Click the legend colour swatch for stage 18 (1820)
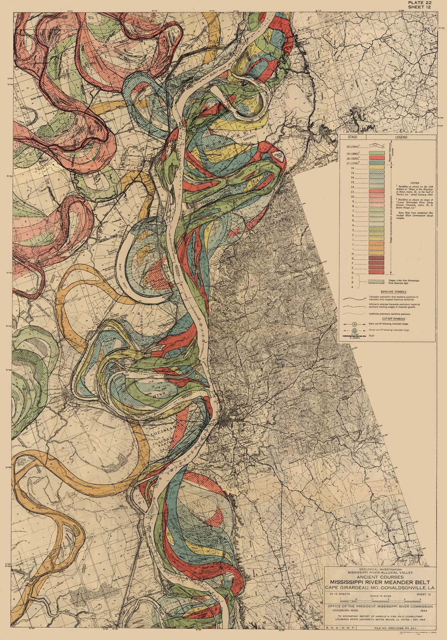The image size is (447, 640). click(376, 157)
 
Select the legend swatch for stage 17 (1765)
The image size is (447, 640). click(376, 162)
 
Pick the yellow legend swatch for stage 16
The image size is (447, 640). click(376, 167)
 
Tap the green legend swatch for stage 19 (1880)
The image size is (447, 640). click(376, 153)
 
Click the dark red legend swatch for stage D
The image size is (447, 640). click(376, 272)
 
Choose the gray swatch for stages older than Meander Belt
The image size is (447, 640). click(376, 282)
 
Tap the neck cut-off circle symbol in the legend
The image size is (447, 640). click(354, 324)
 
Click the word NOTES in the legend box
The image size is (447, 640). click(414, 183)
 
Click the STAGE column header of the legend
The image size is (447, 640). click(353, 137)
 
